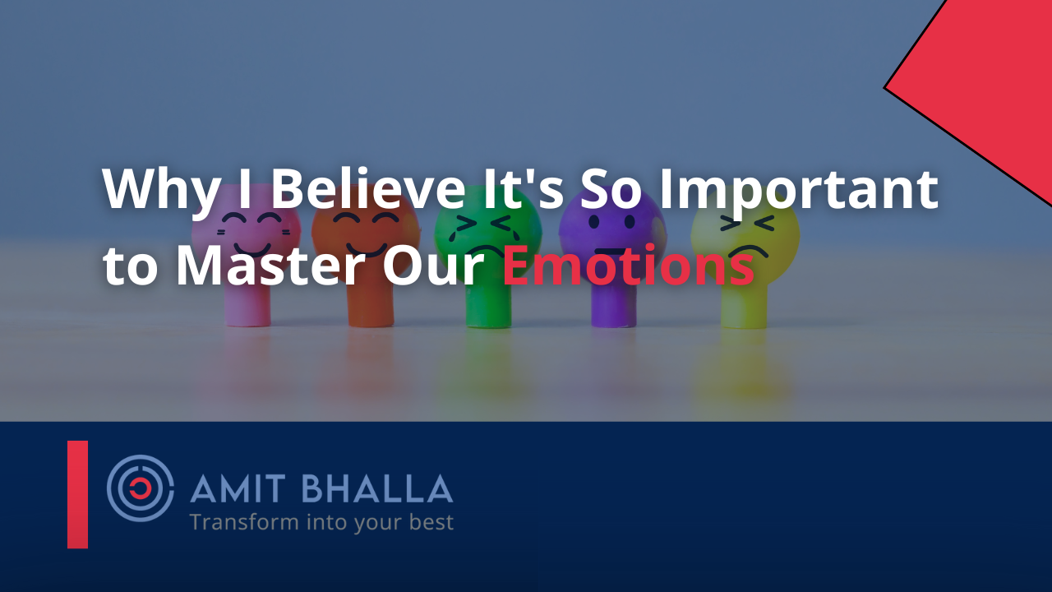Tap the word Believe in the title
coord(369,187)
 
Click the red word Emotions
coord(628,266)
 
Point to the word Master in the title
coord(269,266)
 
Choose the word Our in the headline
coord(433,266)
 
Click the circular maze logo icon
coord(141,488)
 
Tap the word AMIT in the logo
coord(238,488)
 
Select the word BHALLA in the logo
coord(380,488)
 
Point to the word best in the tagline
coord(431,522)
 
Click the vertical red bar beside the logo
coord(77,494)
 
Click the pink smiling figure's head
coord(246,231)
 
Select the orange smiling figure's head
coord(366,231)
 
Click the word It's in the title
coord(524,188)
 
